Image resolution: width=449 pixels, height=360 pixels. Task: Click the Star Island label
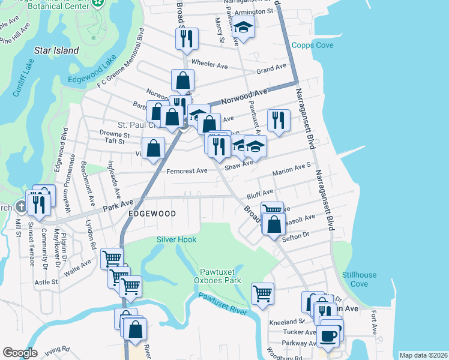pyautogui.click(x=57, y=50)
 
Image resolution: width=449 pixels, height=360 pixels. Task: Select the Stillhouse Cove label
pyautogui.click(x=360, y=280)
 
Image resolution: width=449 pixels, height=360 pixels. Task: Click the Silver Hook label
pyautogui.click(x=176, y=239)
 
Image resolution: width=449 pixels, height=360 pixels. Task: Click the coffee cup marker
pyautogui.click(x=329, y=335)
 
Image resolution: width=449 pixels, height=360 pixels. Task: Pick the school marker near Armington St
pyautogui.click(x=244, y=27)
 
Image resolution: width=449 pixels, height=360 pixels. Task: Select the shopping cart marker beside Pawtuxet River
pyautogui.click(x=262, y=293)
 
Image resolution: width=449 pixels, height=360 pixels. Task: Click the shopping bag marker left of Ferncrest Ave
pyautogui.click(x=154, y=148)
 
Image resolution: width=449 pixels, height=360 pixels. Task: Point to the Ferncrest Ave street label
pyautogui.click(x=187, y=170)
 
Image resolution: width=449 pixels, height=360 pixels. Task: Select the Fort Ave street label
pyautogui.click(x=373, y=322)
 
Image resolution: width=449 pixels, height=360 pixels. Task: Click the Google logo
pyautogui.click(x=20, y=353)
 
